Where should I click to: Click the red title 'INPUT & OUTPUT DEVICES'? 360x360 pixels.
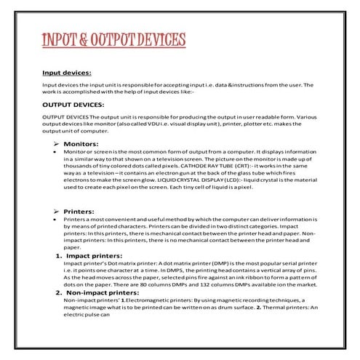(110, 39)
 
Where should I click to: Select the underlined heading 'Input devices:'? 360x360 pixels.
(66, 73)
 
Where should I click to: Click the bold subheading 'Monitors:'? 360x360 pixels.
(81, 144)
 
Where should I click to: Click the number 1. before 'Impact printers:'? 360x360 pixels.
(58, 256)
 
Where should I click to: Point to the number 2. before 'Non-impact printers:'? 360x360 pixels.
(58, 292)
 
